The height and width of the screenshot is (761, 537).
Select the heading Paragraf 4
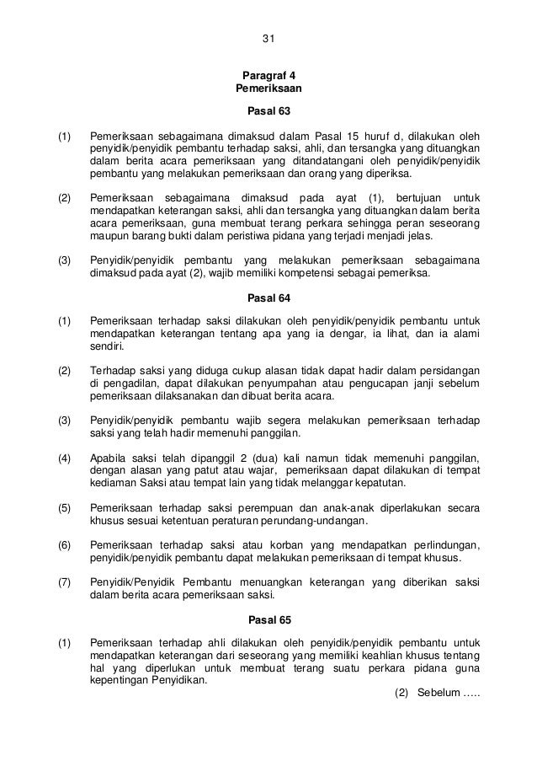coord(268,74)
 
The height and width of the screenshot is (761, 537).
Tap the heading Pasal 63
coord(268,110)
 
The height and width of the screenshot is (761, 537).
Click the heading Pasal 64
coord(268,297)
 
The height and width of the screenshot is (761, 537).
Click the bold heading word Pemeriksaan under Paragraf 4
coord(268,88)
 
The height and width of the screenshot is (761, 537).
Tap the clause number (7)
coord(64,584)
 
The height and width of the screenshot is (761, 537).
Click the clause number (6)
coord(64,544)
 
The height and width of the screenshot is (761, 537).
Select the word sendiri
coord(105,346)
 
